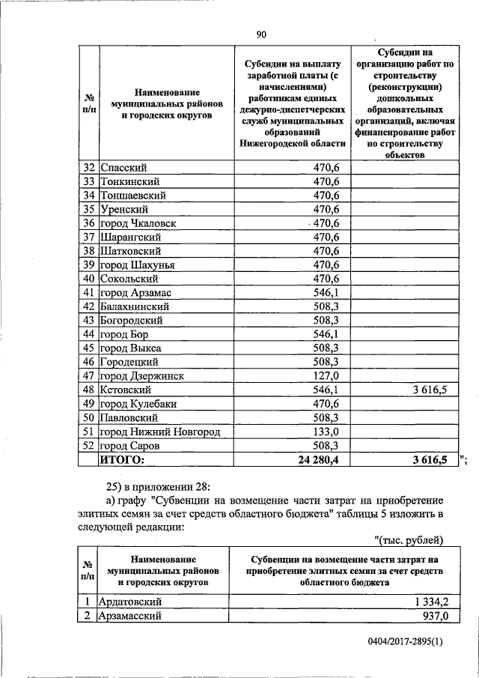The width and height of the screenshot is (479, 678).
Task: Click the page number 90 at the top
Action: point(261,34)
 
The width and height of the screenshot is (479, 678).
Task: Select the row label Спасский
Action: point(122,168)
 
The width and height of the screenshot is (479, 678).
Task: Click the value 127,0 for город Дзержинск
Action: point(326,376)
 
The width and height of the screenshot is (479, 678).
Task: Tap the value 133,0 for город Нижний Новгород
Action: point(326,432)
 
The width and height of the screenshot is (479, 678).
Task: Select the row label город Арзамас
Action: point(135,293)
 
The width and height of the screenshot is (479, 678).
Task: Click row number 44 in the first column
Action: point(88,334)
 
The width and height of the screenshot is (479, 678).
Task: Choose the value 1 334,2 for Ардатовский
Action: point(426,601)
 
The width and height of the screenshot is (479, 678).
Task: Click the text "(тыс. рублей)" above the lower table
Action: point(409,540)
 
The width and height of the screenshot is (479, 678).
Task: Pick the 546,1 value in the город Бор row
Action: point(326,334)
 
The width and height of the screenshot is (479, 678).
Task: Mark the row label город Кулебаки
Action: point(138,404)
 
